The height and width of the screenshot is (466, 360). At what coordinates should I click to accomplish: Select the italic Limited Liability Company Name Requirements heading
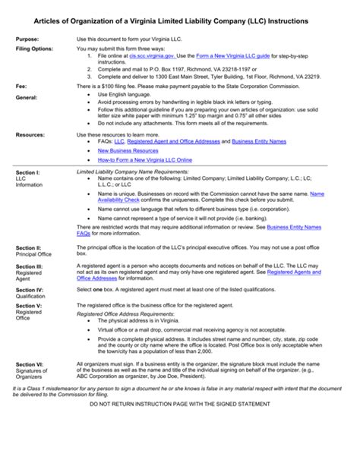pos(144,172)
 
